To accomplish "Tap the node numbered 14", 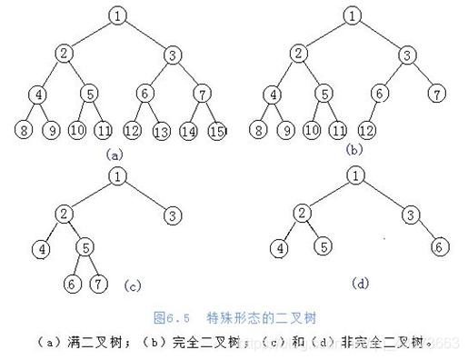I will coord(191,133).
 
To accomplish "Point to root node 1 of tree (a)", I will coord(118,15).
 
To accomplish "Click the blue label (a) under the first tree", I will coord(114,154).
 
